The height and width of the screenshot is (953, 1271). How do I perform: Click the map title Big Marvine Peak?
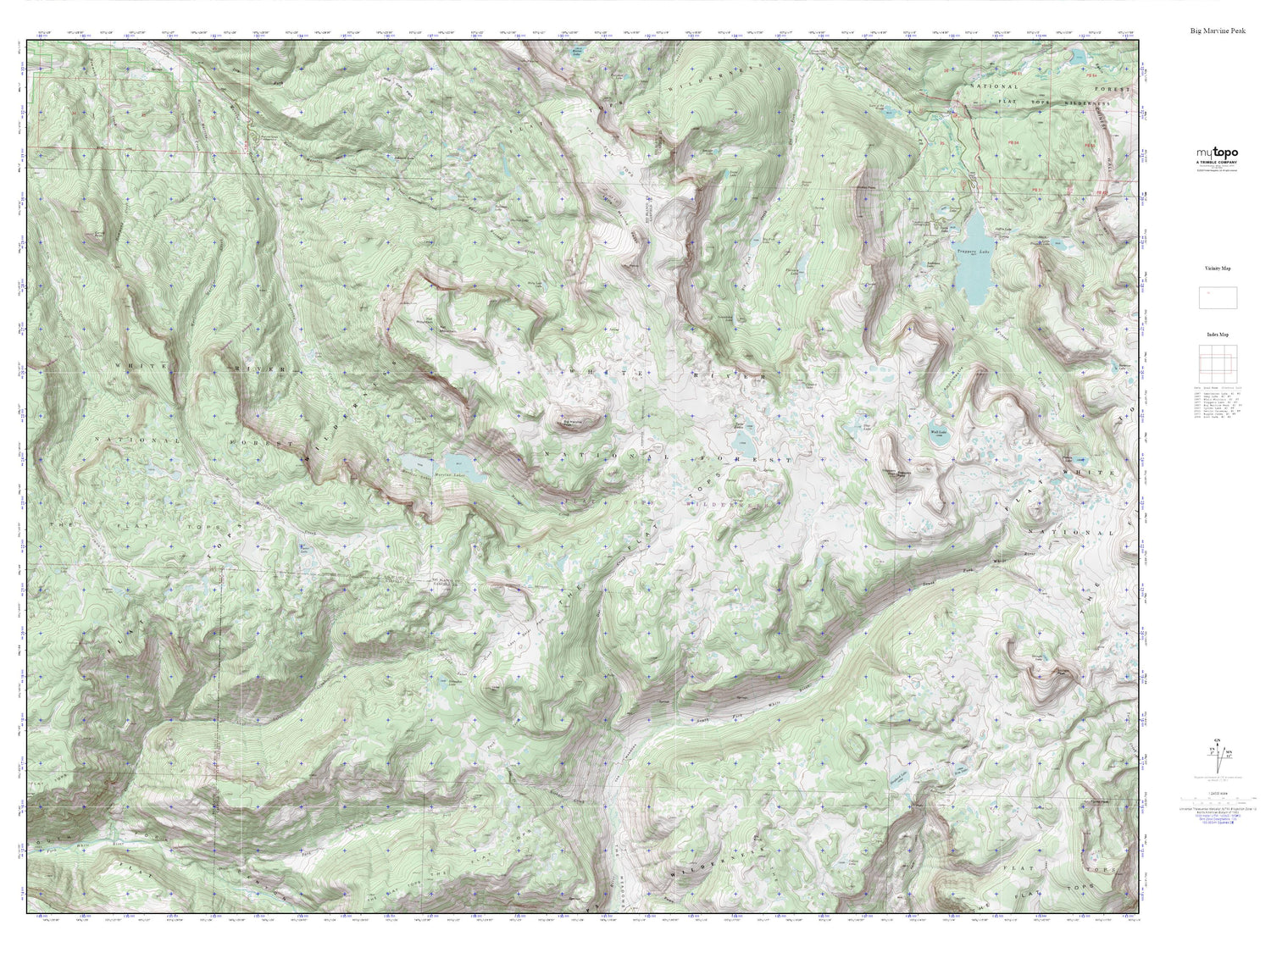pos(1217,31)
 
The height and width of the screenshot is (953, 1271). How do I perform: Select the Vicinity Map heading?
pos(1218,268)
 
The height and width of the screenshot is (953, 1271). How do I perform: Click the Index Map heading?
pos(1218,335)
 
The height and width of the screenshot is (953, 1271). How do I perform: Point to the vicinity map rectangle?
pos(1218,298)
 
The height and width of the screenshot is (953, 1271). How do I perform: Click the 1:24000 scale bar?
pos(1217,798)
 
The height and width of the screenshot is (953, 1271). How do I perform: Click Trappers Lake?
pos(972,258)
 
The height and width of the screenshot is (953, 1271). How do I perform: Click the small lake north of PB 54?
pos(1077,58)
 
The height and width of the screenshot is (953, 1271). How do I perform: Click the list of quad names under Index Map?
pos(1218,402)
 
